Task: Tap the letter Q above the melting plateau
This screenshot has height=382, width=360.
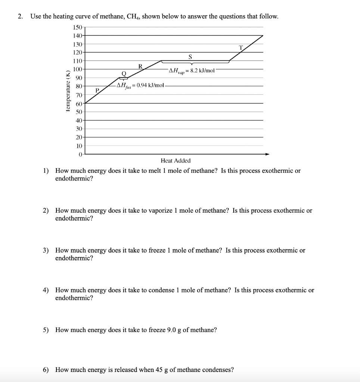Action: click(124, 73)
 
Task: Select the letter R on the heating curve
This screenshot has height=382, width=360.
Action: click(140, 66)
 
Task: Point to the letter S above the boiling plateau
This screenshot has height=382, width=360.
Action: click(190, 57)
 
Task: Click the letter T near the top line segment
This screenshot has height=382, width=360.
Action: click(241, 47)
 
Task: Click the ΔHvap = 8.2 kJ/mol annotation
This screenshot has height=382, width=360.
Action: click(192, 70)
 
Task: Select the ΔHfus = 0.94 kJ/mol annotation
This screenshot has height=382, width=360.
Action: click(140, 85)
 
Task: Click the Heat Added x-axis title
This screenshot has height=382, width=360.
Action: click(176, 161)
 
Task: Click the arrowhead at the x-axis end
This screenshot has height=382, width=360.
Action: click(267, 154)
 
